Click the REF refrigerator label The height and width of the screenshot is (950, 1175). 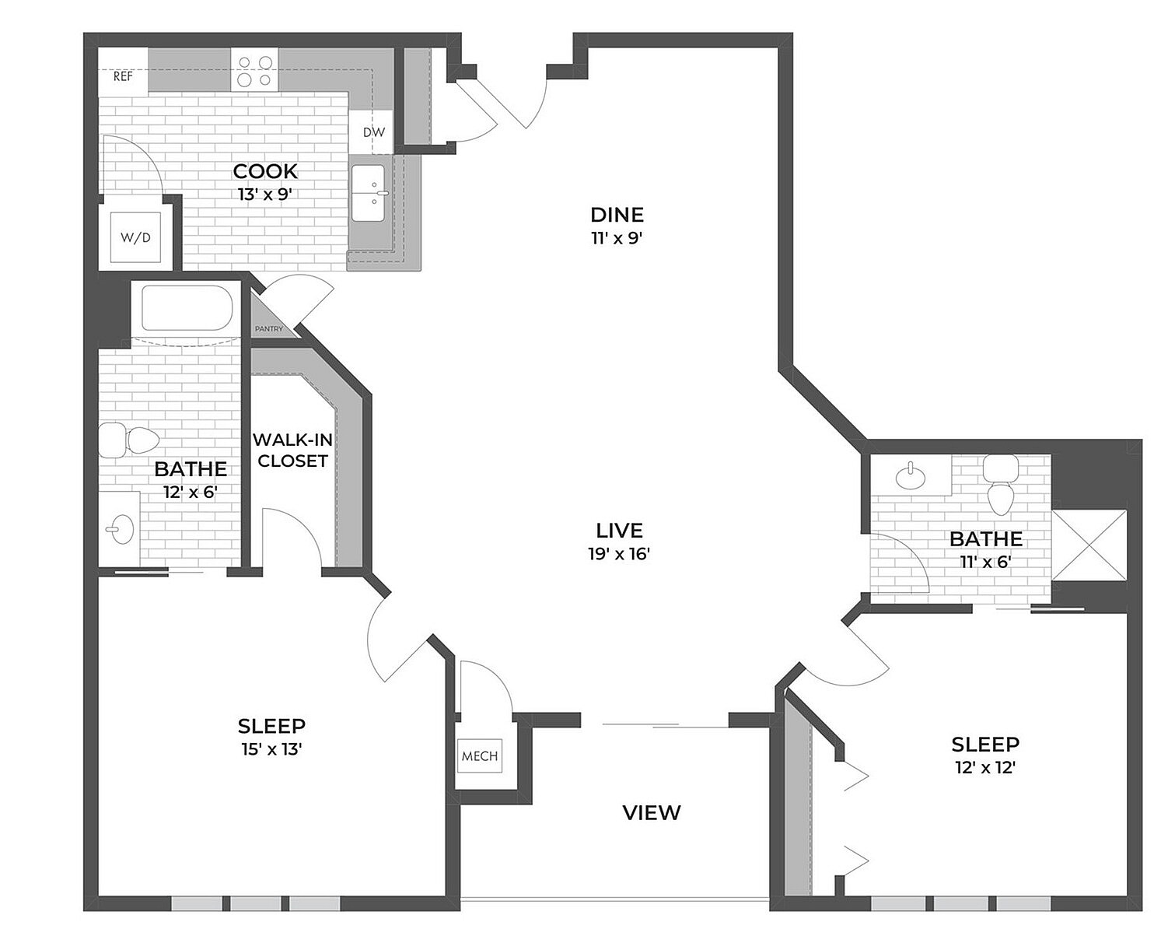click(x=123, y=76)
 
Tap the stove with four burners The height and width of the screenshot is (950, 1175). click(x=254, y=71)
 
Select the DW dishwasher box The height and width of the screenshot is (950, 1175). click(x=374, y=131)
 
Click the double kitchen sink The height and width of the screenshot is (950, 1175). click(x=370, y=193)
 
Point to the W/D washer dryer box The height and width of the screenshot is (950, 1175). click(x=135, y=237)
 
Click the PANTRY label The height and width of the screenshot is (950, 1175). click(x=269, y=329)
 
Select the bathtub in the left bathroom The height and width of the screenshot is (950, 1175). click(x=187, y=309)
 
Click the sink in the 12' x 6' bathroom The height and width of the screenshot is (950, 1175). click(x=121, y=530)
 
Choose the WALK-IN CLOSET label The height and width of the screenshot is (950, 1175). click(x=292, y=450)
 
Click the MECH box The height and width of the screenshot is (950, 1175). click(x=480, y=755)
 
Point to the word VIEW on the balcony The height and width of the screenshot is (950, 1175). click(x=652, y=813)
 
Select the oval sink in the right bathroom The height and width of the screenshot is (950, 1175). click(x=908, y=475)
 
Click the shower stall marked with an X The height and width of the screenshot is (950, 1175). click(x=1088, y=545)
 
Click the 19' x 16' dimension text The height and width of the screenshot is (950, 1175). click(x=619, y=554)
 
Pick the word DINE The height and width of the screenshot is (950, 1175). click(x=617, y=215)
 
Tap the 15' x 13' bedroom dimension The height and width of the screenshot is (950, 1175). click(x=271, y=749)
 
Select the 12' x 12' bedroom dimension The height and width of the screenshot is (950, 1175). click(x=985, y=767)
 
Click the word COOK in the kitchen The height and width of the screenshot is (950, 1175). click(x=265, y=171)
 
